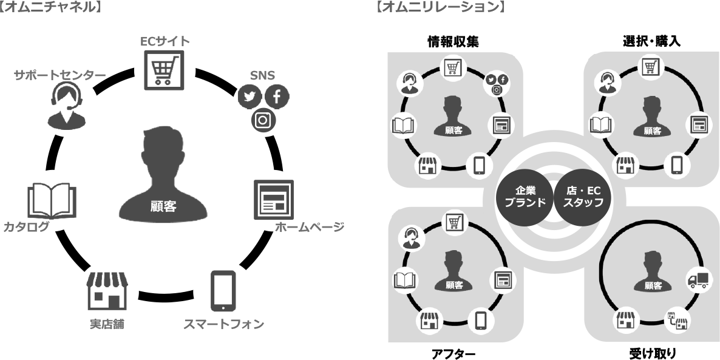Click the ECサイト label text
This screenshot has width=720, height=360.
tap(165, 41)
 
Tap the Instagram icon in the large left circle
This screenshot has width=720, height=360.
tap(263, 120)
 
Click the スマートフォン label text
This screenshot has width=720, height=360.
tap(224, 324)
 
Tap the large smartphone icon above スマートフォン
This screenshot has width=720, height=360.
tap(223, 290)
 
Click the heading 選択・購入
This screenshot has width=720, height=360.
tap(651, 41)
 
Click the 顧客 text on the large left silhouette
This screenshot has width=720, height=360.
tap(163, 206)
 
